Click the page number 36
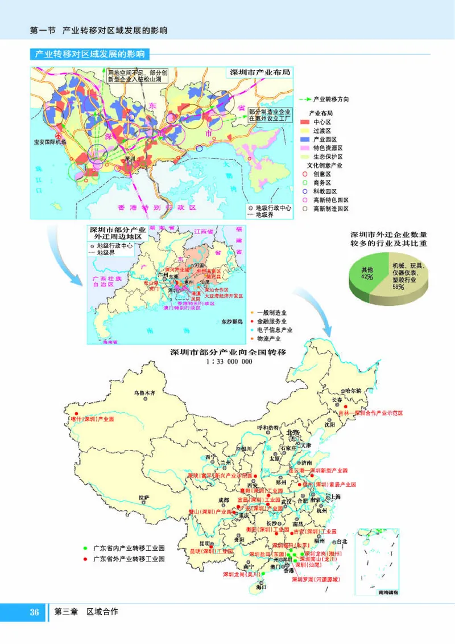(x=34, y=612)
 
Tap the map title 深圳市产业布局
(x=259, y=73)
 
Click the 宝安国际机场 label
(x=50, y=142)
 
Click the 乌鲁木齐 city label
(x=144, y=392)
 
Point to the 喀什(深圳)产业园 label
(x=93, y=419)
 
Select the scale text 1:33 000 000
(x=228, y=361)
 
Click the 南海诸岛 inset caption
(x=388, y=592)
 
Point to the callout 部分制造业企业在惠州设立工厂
(x=270, y=115)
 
